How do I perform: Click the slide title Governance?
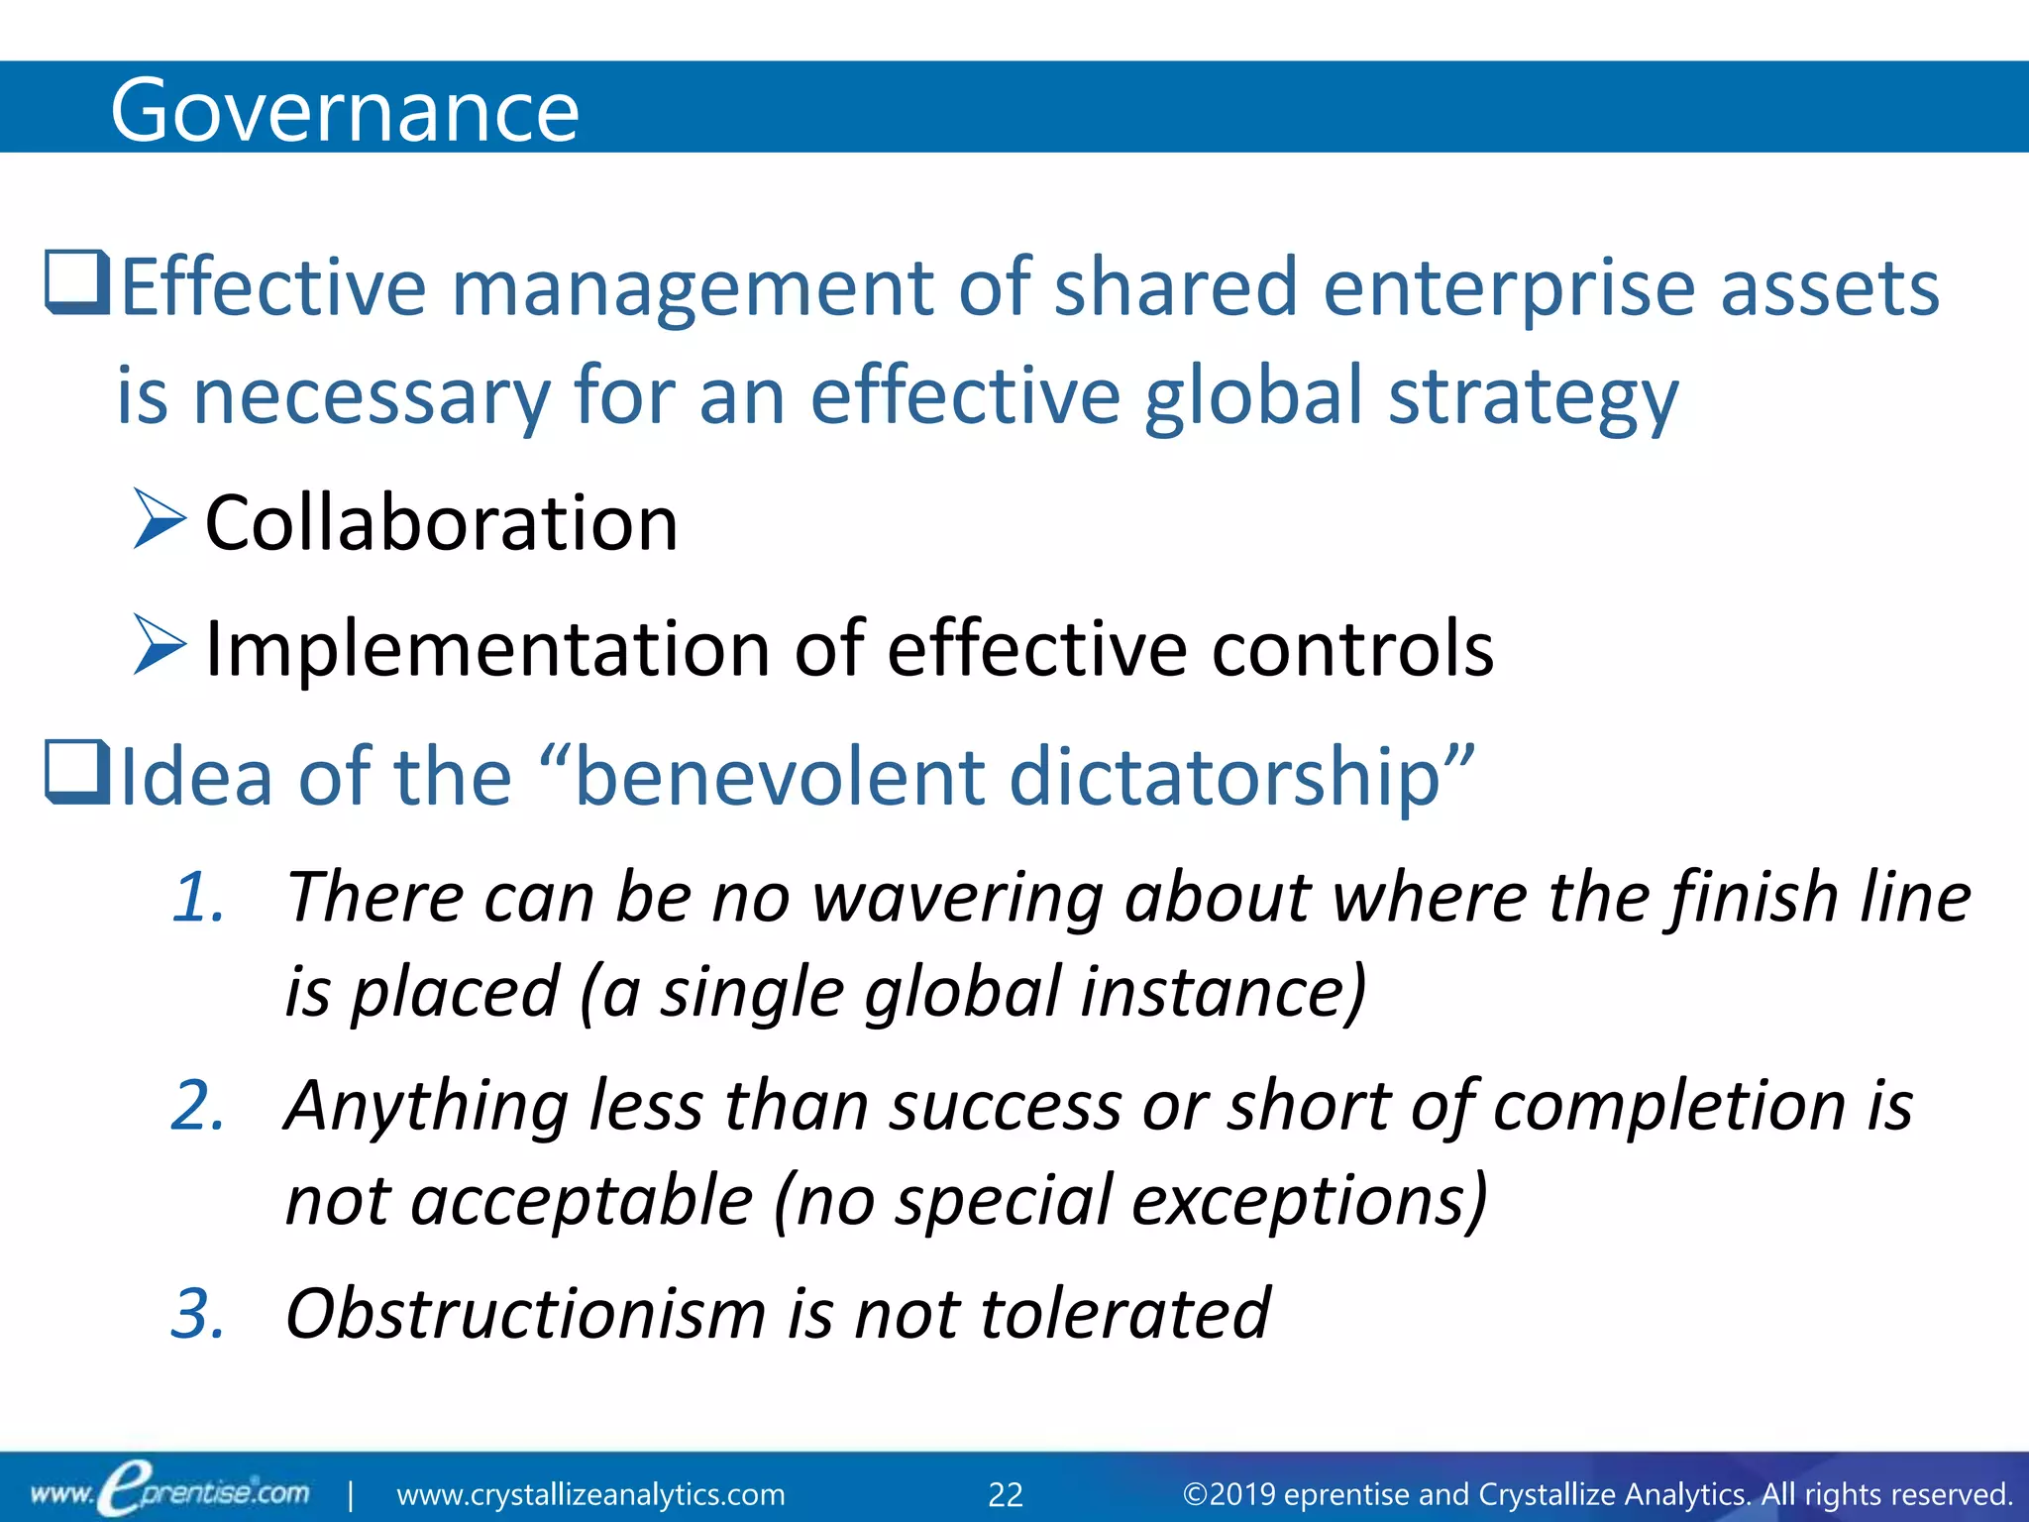tap(344, 111)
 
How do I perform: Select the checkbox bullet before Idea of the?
tap(76, 773)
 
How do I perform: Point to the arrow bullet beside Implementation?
tap(160, 645)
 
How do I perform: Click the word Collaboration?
tap(441, 522)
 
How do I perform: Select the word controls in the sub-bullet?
tap(1352, 649)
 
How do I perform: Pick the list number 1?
tap(198, 898)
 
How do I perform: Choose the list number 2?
tap(198, 1106)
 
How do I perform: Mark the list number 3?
tap(198, 1314)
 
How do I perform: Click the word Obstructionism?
tap(525, 1314)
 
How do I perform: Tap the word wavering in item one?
tap(956, 898)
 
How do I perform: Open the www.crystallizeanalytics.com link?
tap(590, 1494)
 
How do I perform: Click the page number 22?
tap(1006, 1494)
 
